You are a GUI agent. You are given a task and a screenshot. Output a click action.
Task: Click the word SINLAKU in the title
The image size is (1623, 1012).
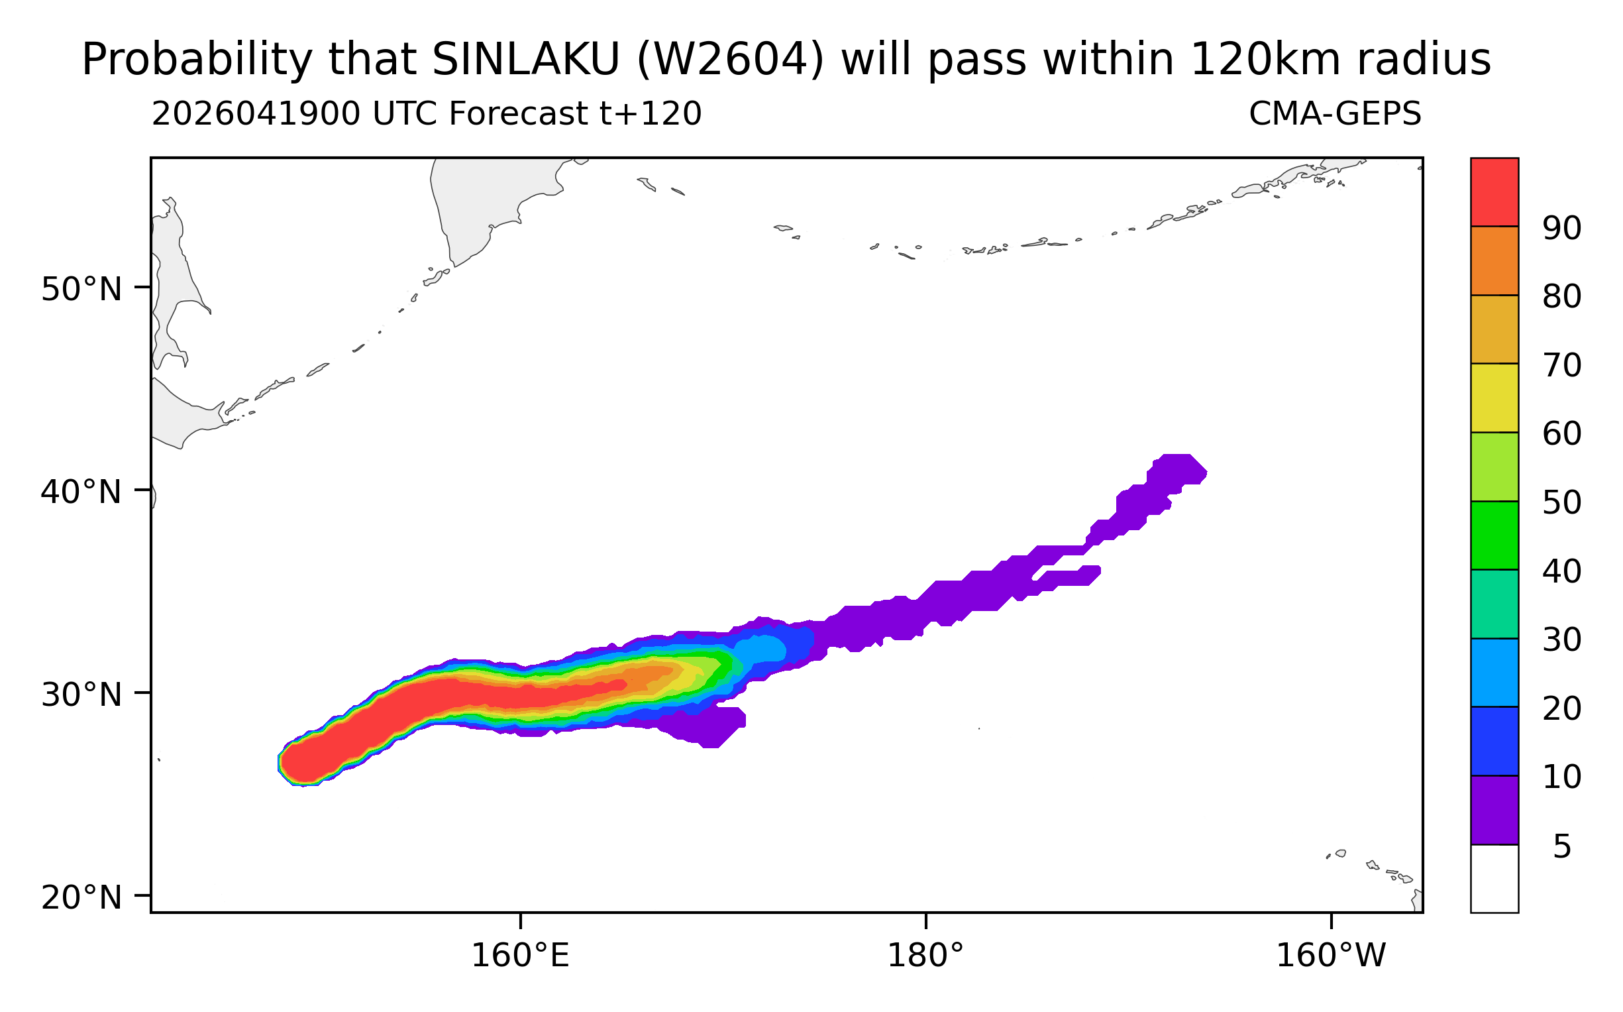click(x=527, y=60)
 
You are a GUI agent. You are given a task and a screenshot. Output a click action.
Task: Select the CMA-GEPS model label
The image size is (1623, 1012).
click(x=1335, y=114)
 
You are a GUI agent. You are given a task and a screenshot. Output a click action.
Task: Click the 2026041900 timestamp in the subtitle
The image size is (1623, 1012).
click(x=256, y=114)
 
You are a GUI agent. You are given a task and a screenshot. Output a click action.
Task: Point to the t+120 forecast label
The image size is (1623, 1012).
click(x=650, y=114)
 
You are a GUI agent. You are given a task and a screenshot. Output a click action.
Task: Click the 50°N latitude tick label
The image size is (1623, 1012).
click(x=81, y=290)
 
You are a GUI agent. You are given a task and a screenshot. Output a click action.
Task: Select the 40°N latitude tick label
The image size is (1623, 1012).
click(x=81, y=492)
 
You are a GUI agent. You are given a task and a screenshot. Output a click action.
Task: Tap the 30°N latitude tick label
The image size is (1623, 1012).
click(x=81, y=695)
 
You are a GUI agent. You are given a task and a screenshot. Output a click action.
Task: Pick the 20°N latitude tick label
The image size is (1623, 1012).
click(x=81, y=898)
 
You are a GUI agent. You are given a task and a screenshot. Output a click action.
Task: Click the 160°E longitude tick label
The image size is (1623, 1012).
click(x=521, y=956)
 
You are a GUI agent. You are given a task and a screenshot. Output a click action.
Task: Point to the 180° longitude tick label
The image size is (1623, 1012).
click(x=925, y=956)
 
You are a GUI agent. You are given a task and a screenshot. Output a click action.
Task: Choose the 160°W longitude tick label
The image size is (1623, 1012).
click(x=1331, y=956)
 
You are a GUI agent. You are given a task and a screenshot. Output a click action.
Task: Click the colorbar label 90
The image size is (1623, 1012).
click(x=1561, y=229)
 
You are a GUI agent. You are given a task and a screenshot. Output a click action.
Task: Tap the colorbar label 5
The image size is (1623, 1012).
click(x=1561, y=848)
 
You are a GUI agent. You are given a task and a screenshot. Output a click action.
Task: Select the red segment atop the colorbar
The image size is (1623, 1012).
click(x=1494, y=192)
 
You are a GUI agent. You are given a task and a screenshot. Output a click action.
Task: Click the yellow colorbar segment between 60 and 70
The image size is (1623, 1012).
click(x=1494, y=398)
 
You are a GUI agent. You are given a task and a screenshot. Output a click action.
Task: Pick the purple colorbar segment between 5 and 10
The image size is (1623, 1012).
click(x=1494, y=810)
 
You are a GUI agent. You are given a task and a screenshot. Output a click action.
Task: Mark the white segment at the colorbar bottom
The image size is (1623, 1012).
click(x=1494, y=878)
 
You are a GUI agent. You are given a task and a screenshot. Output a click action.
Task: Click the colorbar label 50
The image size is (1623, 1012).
click(x=1561, y=503)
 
